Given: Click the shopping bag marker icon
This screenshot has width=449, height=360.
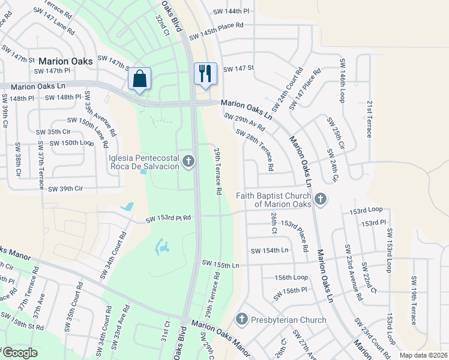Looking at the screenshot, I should [x=139, y=79].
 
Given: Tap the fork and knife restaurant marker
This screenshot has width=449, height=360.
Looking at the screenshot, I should [x=205, y=74].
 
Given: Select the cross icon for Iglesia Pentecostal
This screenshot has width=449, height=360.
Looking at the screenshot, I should [x=188, y=160].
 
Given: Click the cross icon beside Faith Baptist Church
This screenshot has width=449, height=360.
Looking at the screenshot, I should [x=321, y=199].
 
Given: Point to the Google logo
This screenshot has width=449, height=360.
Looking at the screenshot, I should [x=20, y=353].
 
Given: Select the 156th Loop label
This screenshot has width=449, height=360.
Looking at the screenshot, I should [x=291, y=277].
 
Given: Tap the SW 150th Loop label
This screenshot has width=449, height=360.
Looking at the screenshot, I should [x=72, y=143].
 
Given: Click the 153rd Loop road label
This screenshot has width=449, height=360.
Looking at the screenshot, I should [x=366, y=209].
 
